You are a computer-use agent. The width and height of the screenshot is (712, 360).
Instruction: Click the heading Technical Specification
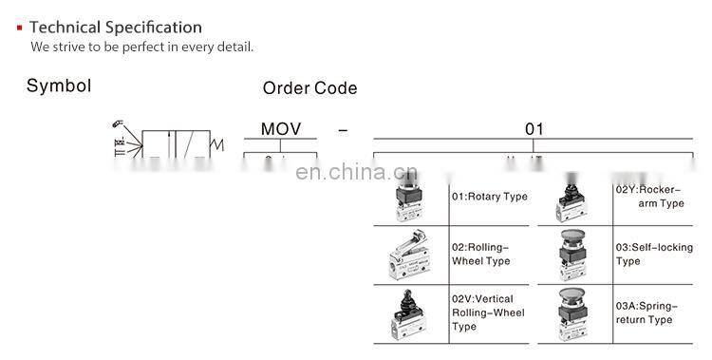pos(116,28)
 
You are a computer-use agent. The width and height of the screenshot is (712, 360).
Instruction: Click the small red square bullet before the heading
pos(19,28)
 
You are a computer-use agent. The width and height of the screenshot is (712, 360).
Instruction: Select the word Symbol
pos(59,86)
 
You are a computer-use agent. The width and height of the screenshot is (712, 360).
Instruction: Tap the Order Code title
pos(309,88)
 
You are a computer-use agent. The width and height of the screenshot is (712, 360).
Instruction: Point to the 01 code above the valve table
pos(534,129)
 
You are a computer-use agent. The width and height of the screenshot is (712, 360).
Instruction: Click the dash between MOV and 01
pos(343,129)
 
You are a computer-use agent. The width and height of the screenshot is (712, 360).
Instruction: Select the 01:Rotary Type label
pos(489,197)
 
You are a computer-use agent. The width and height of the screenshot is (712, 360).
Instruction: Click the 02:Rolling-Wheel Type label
pos(482,254)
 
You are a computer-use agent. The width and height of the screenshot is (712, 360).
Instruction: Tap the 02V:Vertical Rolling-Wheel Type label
pos(488,313)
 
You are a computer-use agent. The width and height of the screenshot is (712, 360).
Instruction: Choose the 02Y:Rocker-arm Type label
pos(649,196)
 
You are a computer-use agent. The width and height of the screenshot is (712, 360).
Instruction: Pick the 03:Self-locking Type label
pos(654,254)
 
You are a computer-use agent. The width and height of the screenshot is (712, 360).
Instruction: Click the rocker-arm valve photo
pos(573,198)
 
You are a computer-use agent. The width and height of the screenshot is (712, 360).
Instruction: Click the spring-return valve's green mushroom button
pos(574,294)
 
